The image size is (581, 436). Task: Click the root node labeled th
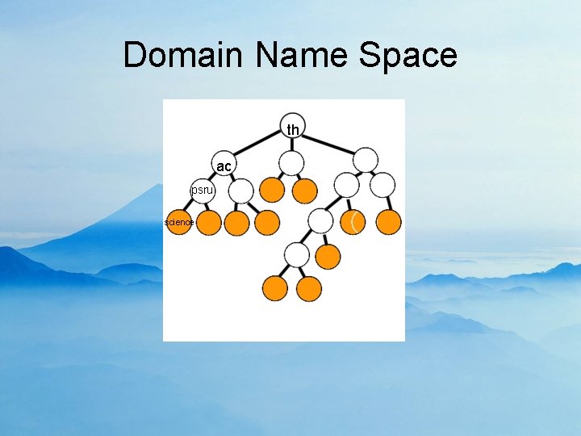[x=293, y=129]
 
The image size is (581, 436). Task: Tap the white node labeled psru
[x=202, y=191]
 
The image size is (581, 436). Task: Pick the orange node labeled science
[x=178, y=222]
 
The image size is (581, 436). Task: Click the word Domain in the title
[x=186, y=55]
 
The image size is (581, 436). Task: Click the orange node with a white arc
[x=353, y=221]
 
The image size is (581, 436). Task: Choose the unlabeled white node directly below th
[x=291, y=163]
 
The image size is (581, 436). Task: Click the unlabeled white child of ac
[x=240, y=191]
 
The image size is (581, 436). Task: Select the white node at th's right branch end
[x=366, y=159]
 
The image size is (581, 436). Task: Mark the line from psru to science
[x=190, y=207]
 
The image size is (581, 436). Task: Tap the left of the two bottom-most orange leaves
[x=275, y=287]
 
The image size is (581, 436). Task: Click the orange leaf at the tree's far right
[x=389, y=222]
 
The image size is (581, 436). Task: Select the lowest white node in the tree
[x=298, y=255]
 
